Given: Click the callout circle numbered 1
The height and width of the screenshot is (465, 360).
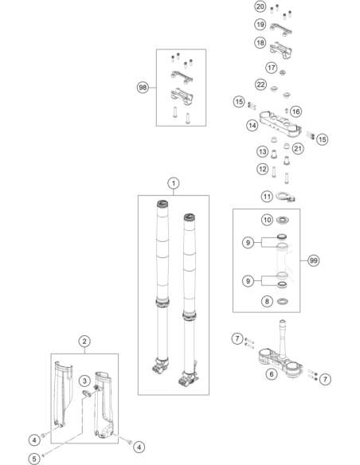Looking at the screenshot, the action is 174,183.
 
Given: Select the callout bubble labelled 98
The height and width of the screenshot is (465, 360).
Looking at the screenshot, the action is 143,88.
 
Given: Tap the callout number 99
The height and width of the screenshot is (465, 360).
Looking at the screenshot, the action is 313,260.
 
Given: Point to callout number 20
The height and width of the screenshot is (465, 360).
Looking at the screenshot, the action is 260,6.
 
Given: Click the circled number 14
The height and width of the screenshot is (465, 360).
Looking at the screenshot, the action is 252,126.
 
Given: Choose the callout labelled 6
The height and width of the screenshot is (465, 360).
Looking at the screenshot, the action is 272,374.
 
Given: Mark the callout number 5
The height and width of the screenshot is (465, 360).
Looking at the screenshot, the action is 34,459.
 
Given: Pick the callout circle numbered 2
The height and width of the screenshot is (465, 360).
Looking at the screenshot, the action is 84,341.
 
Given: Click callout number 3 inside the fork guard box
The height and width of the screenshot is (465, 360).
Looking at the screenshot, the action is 84,381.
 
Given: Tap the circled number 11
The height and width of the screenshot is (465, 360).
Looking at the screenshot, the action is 267,197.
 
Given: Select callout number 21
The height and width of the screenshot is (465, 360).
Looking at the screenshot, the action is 298,148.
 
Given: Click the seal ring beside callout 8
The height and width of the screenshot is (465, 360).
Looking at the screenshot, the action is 283,302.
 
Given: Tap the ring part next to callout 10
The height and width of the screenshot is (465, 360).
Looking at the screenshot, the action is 283,221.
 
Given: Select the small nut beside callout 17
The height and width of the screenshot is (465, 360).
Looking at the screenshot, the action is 283,72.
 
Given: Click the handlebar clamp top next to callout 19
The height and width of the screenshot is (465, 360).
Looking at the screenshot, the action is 281,29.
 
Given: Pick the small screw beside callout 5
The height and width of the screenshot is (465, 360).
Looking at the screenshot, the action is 43,455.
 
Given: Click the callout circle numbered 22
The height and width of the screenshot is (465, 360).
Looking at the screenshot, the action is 260,85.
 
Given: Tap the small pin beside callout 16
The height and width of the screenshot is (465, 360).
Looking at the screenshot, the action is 287,111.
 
